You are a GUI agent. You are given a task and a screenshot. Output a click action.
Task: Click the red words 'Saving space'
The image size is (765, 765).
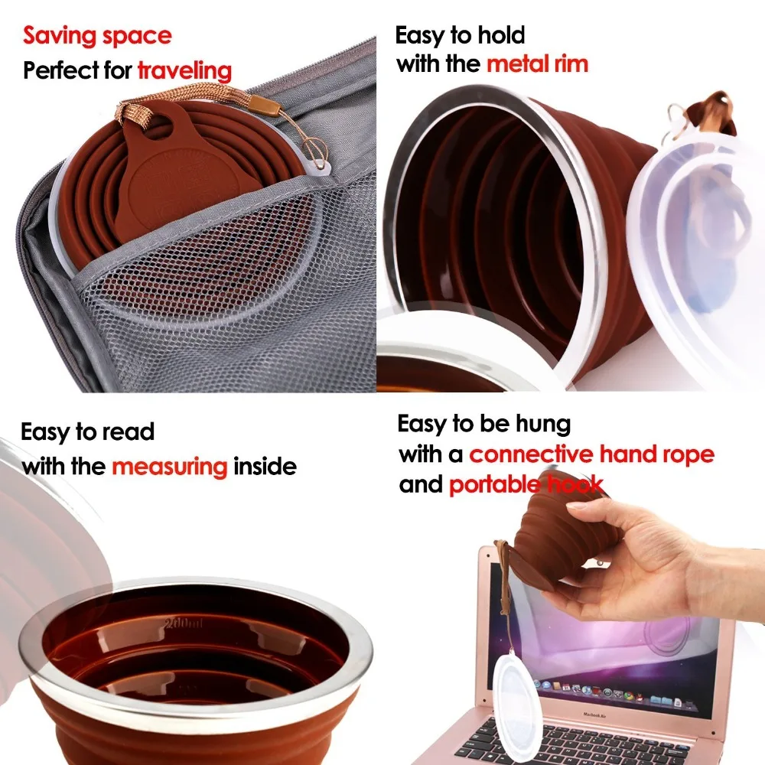(97, 35)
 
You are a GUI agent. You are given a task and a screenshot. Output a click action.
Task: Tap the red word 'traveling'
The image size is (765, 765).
(184, 71)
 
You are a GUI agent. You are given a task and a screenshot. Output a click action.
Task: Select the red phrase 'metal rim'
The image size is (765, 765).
(537, 63)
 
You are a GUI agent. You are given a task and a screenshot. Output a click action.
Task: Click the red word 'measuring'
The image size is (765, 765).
(170, 466)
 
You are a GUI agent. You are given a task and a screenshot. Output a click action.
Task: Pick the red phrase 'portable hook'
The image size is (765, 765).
(526, 484)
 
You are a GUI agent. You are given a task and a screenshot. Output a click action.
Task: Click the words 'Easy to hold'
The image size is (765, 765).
(460, 35)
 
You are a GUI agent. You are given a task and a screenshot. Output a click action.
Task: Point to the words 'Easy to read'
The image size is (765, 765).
(87, 431)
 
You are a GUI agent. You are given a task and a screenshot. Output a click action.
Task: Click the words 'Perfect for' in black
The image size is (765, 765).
(78, 71)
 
